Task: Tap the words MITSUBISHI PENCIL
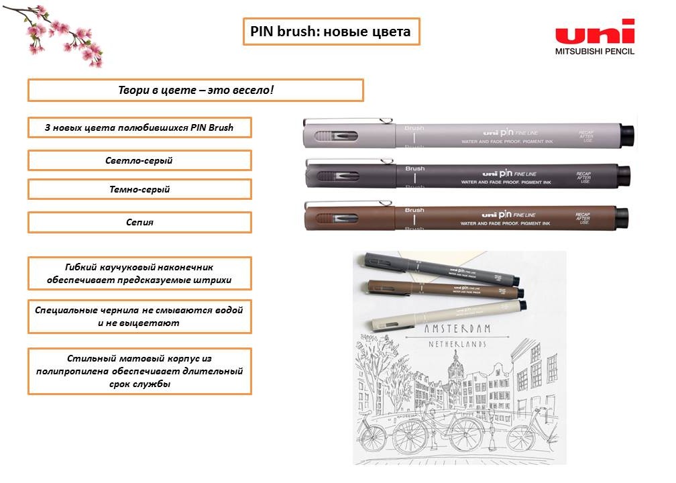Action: (594, 51)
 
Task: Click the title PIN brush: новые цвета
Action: (331, 32)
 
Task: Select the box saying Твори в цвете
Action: (195, 90)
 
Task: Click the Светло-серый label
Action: (139, 160)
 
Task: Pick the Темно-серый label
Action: (139, 189)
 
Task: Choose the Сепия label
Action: (139, 222)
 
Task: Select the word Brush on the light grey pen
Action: (414, 127)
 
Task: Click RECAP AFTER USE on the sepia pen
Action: (583, 218)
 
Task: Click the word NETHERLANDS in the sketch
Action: (457, 344)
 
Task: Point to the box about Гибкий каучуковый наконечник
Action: (139, 273)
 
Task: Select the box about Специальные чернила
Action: (139, 316)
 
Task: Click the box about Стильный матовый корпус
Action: (139, 371)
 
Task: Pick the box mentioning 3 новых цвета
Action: (139, 127)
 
